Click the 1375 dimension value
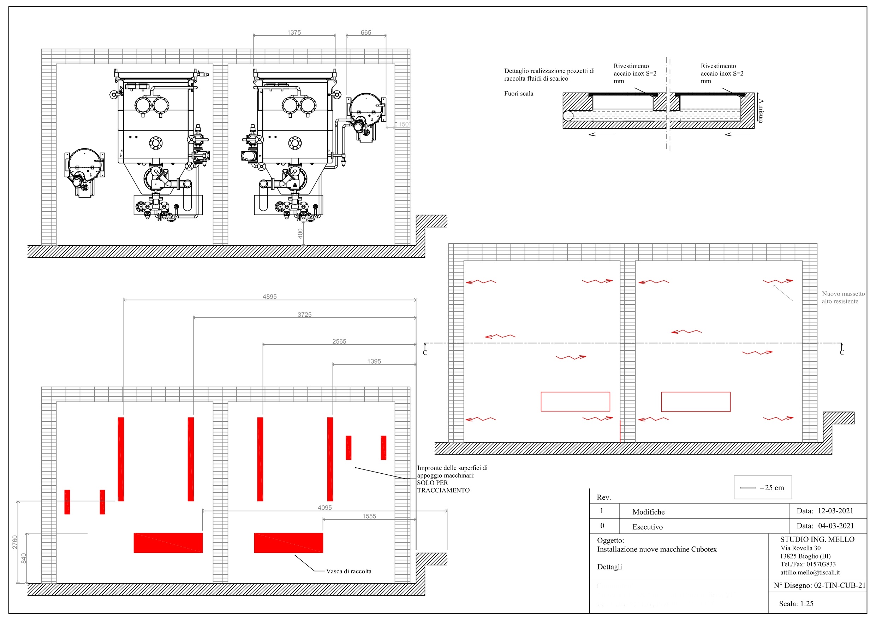click(x=294, y=33)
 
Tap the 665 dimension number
click(x=366, y=33)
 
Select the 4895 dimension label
click(x=270, y=297)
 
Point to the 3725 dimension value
click(x=304, y=314)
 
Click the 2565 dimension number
click(x=339, y=341)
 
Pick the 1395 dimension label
click(x=374, y=361)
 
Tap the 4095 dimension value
click(x=325, y=507)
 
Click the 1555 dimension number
click(x=369, y=516)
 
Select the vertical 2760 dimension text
click(x=15, y=542)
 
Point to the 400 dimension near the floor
click(x=300, y=233)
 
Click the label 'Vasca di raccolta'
click(x=349, y=571)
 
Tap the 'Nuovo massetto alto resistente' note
click(x=843, y=297)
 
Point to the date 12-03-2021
click(x=835, y=511)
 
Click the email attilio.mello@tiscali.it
click(x=810, y=572)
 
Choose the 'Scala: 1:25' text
click(x=796, y=604)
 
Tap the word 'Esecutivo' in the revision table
click(x=648, y=527)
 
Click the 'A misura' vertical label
click(x=761, y=111)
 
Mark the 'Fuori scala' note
click(x=519, y=93)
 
